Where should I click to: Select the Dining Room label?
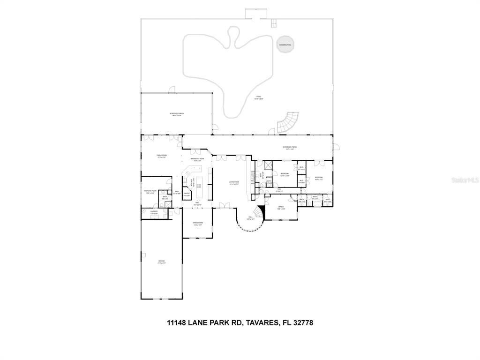[x=198, y=224]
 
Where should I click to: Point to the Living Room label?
[x=234, y=183]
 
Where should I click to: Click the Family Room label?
[x=162, y=156]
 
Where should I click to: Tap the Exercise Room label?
[x=150, y=192]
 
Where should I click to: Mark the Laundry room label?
[x=154, y=212]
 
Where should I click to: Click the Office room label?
[x=281, y=208]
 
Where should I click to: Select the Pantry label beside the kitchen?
[x=186, y=194]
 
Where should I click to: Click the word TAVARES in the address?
[x=259, y=322]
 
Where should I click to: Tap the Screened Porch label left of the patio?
[x=177, y=114]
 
